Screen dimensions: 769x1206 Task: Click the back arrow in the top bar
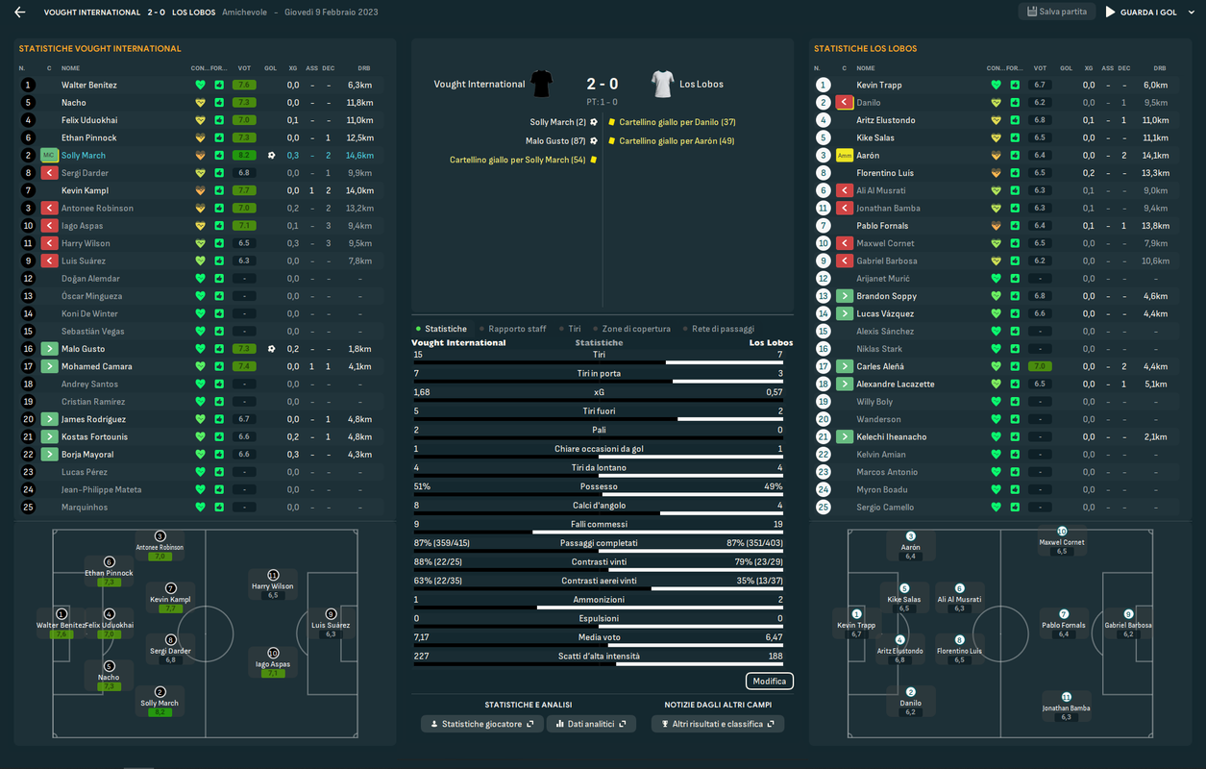pyautogui.click(x=19, y=12)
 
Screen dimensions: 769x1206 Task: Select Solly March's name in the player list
pyautogui.click(x=84, y=156)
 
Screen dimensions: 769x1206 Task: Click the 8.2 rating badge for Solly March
pyautogui.click(x=244, y=156)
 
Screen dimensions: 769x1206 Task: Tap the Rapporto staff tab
pyautogui.click(x=516, y=329)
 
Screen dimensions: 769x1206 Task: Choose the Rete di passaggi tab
pyautogui.click(x=723, y=329)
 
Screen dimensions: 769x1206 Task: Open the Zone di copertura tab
pyautogui.click(x=635, y=329)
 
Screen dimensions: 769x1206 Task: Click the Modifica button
pyautogui.click(x=769, y=682)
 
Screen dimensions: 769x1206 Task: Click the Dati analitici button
pyautogui.click(x=590, y=724)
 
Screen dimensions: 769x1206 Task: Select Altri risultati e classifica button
pyautogui.click(x=717, y=724)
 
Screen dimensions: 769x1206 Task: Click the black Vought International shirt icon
pyautogui.click(x=542, y=84)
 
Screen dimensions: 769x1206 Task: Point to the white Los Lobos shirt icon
pyautogui.click(x=662, y=84)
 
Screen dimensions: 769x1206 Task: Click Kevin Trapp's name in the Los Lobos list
pyautogui.click(x=878, y=86)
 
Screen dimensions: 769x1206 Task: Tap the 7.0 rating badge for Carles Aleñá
pyautogui.click(x=1039, y=366)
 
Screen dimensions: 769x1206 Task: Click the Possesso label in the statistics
pyautogui.click(x=598, y=487)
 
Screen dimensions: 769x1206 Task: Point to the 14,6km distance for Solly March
pyautogui.click(x=359, y=156)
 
